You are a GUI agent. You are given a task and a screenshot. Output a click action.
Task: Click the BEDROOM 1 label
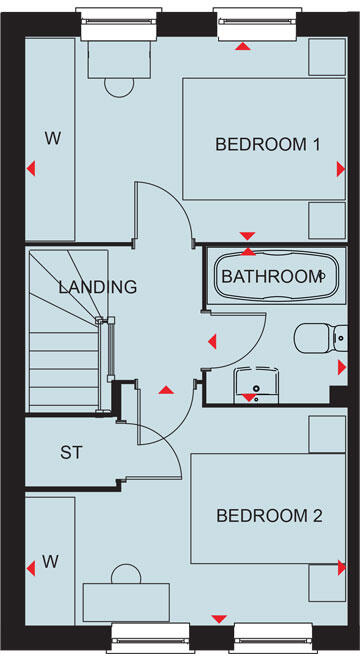[x=267, y=145]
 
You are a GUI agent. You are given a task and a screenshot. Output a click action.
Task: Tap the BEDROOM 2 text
[x=269, y=516]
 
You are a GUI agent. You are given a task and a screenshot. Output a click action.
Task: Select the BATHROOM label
[x=271, y=276]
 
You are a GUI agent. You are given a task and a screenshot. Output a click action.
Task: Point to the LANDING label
[x=97, y=287]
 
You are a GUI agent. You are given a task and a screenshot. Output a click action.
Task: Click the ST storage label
[x=70, y=452]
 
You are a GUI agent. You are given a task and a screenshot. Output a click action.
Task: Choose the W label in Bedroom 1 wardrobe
[x=52, y=139]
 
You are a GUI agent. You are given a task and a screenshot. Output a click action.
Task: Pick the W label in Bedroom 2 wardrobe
[x=50, y=562]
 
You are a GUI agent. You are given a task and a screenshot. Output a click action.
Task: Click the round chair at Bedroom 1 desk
[x=119, y=86]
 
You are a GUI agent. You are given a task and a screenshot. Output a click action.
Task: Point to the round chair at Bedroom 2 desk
[x=126, y=575]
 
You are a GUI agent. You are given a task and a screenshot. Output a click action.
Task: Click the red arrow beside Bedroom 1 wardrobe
[x=33, y=169]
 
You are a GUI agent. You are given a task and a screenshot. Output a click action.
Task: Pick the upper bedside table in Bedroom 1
[x=326, y=58]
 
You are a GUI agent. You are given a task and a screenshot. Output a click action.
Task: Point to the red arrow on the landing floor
[x=166, y=387]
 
